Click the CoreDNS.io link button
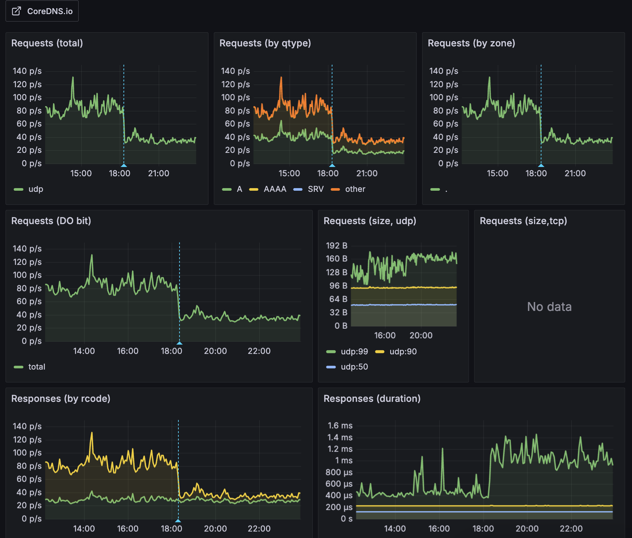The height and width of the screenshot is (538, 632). click(42, 11)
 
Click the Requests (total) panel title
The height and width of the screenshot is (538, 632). click(47, 43)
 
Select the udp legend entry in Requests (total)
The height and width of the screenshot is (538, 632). click(36, 189)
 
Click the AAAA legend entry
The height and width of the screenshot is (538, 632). click(275, 189)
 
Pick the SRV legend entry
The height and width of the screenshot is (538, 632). click(316, 189)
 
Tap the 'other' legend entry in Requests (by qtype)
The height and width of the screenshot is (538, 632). click(355, 189)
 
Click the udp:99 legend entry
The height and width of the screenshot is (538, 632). click(354, 351)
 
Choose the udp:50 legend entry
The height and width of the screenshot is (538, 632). click(354, 367)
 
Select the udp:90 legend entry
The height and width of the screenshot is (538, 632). click(403, 351)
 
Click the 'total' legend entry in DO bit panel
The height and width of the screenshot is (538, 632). click(37, 367)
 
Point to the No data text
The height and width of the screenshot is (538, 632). click(549, 307)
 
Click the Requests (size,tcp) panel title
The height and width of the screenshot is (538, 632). click(523, 221)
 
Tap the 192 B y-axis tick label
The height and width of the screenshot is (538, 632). click(336, 246)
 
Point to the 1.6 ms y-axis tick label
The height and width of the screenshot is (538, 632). click(340, 426)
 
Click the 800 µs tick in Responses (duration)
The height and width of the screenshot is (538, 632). click(339, 472)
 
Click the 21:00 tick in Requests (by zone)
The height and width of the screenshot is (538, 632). click(575, 173)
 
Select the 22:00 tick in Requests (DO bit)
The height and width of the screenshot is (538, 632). click(259, 351)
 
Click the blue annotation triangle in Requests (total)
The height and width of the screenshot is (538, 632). click(124, 165)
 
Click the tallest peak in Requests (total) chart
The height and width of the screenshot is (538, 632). click(73, 78)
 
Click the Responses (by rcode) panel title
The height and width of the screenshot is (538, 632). click(61, 398)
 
